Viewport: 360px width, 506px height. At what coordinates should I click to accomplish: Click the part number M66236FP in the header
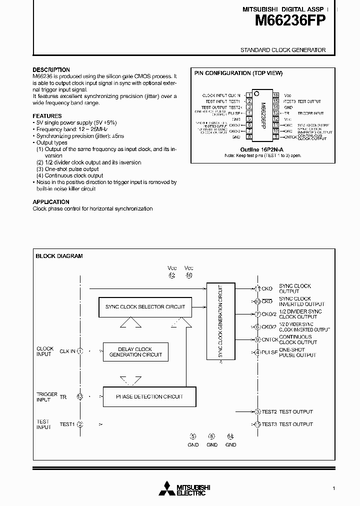(x=290, y=20)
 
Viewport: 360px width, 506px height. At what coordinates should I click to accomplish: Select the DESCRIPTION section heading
(x=51, y=70)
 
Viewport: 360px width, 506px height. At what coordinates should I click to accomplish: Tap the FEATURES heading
(x=47, y=116)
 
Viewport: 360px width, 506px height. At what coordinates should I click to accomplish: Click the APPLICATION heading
(x=51, y=202)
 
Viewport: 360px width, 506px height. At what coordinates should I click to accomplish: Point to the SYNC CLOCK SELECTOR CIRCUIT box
(x=145, y=307)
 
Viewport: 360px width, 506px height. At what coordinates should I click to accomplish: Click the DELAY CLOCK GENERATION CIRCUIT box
(x=135, y=352)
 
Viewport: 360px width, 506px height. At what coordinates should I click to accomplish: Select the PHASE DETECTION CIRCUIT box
(x=149, y=396)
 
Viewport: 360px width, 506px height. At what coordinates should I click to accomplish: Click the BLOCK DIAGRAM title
(x=59, y=256)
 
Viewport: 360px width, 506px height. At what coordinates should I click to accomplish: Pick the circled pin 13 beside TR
(x=80, y=396)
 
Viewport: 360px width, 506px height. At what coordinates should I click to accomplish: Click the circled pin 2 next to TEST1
(x=80, y=424)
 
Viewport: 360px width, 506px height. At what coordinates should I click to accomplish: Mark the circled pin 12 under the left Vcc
(x=172, y=275)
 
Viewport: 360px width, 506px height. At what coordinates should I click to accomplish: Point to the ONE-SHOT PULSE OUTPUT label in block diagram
(x=297, y=352)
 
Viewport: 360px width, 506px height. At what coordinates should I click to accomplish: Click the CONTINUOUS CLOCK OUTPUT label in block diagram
(x=298, y=339)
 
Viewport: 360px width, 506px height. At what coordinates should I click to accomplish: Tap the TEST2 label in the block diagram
(x=269, y=411)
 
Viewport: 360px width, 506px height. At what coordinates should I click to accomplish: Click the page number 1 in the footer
(x=333, y=488)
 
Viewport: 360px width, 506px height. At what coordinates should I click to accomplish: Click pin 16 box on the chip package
(x=275, y=95)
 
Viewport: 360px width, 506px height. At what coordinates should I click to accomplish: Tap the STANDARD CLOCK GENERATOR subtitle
(x=283, y=50)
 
